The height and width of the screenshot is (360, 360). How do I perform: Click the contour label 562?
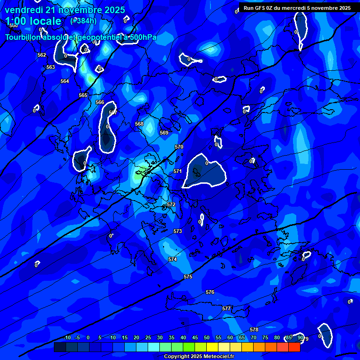[x=42, y=55]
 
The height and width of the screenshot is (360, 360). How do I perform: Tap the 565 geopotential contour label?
[x=83, y=95]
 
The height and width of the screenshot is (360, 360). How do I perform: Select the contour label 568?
[x=139, y=124]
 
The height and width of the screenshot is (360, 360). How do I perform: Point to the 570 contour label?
[x=179, y=147]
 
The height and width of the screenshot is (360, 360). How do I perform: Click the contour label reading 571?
[x=178, y=171]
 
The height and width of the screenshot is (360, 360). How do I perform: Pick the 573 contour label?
[x=178, y=231]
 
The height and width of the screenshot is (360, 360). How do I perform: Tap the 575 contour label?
[x=188, y=277]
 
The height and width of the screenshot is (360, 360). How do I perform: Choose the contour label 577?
[x=226, y=308]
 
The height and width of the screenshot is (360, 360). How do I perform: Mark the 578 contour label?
[x=254, y=330]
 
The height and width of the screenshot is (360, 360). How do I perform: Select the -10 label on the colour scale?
[x=67, y=337]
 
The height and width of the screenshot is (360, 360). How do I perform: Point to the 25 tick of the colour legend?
[x=148, y=337]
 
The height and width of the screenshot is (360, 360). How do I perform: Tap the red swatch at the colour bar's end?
[x=294, y=347]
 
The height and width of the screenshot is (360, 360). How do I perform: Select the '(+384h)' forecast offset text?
[x=83, y=21]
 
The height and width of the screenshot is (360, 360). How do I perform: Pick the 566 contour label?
[x=100, y=102]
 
